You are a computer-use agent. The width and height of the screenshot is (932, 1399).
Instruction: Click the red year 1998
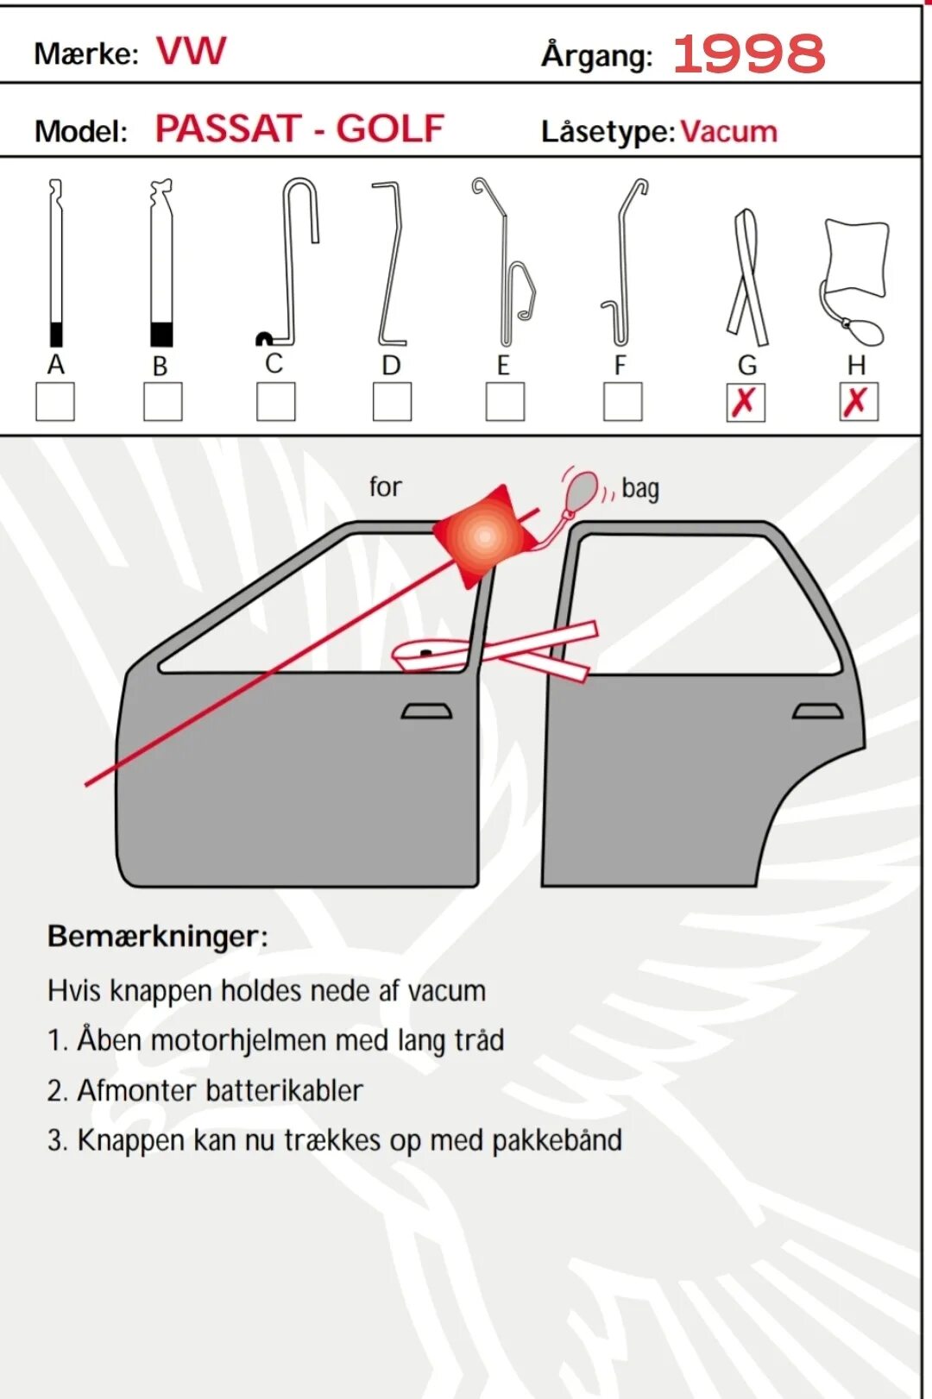tap(748, 53)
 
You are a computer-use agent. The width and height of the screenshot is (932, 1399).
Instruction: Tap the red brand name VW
tap(191, 52)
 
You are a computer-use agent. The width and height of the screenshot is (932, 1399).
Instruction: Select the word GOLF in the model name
tap(389, 129)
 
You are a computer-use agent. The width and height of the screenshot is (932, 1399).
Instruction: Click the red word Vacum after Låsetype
tap(728, 132)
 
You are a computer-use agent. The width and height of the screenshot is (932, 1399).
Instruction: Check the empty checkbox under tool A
tap(54, 402)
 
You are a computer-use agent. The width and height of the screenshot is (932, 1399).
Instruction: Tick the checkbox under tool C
tap(275, 402)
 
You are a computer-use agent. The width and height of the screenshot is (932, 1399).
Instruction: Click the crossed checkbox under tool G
tap(746, 402)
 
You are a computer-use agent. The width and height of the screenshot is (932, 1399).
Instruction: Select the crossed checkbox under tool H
tap(858, 402)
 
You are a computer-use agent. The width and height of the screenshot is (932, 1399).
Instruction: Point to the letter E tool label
tap(503, 366)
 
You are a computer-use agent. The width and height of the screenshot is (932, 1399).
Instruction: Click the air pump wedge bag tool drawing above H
tap(854, 276)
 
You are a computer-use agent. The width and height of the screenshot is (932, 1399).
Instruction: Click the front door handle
tap(426, 712)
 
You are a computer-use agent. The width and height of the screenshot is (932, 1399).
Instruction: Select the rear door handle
tap(817, 712)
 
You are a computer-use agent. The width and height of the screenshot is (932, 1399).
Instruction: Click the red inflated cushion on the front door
tap(483, 536)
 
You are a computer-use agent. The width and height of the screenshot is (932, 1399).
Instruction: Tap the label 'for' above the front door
tap(385, 487)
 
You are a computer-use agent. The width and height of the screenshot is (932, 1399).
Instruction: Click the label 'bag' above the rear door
tap(639, 489)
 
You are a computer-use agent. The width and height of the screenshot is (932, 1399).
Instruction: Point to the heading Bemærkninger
tap(157, 937)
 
